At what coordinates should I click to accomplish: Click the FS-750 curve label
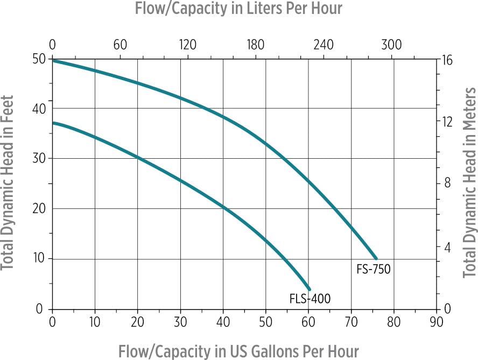coord(373,269)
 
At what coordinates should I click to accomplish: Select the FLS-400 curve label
coord(310,299)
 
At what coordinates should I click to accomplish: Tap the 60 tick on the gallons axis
coord(308,322)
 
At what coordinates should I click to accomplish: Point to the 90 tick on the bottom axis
coord(437,322)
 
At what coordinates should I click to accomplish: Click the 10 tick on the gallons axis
coord(95,322)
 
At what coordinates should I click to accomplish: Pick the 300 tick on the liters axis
coord(391,45)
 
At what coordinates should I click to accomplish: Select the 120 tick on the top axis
coord(187,45)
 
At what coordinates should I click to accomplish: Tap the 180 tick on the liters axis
coord(256,45)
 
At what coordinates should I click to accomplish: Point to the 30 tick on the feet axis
coord(39,158)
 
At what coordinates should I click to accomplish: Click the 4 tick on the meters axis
coord(448,248)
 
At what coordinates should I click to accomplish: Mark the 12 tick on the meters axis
coord(447,122)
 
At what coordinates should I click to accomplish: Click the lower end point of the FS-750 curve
coord(376,259)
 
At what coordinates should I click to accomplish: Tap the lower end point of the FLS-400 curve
coord(308,289)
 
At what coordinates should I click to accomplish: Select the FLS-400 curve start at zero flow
coord(53,123)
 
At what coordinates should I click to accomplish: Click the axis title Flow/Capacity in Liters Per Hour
coord(238,9)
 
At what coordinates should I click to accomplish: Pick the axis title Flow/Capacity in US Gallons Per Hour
coord(238,350)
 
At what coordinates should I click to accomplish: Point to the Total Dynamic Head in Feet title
coord(8,183)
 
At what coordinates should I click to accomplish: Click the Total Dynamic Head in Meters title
coord(469,183)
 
